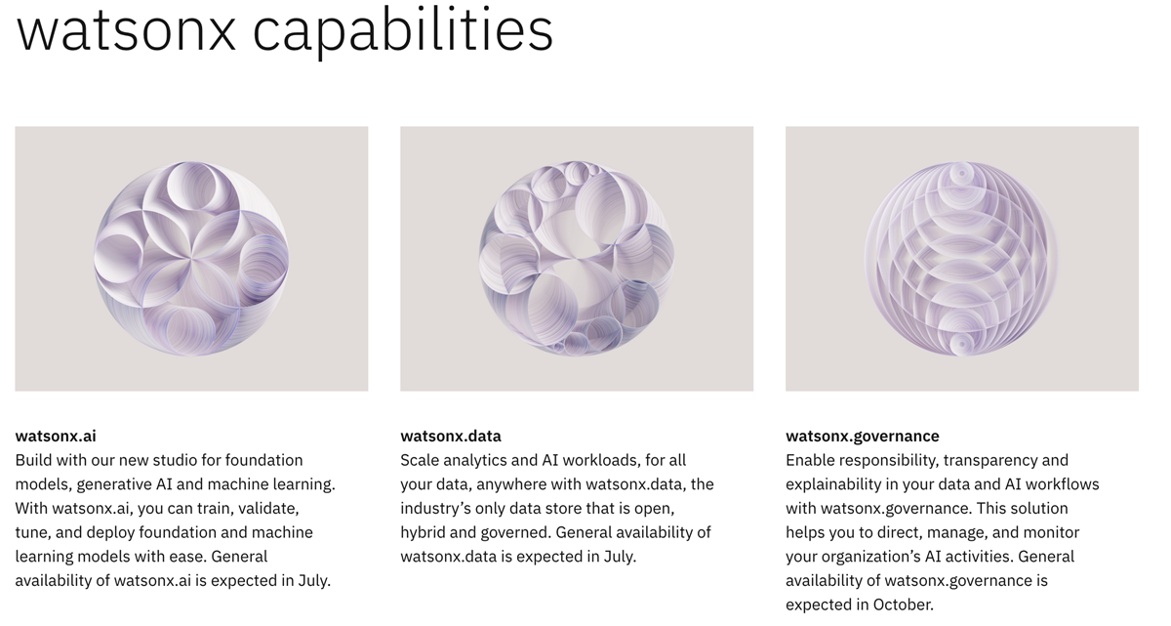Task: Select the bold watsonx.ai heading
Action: click(56, 436)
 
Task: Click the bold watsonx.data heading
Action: click(451, 436)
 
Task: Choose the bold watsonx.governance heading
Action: click(863, 436)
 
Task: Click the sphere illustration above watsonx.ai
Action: click(191, 258)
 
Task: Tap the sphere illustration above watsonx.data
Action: click(577, 258)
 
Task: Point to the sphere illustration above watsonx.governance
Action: click(961, 258)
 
